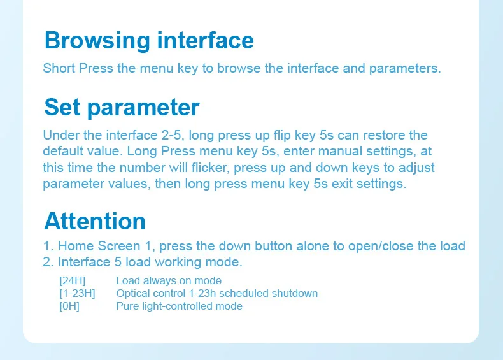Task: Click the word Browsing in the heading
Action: pos(97,41)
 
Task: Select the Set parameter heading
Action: pos(122,107)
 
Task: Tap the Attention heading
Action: pos(95,221)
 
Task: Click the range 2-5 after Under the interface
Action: pos(173,135)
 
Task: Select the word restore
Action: pos(384,135)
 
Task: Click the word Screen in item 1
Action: pos(119,246)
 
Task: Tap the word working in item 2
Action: pos(178,263)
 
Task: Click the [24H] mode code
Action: pos(73,281)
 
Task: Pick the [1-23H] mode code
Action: pos(77,294)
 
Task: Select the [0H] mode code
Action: pos(69,306)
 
